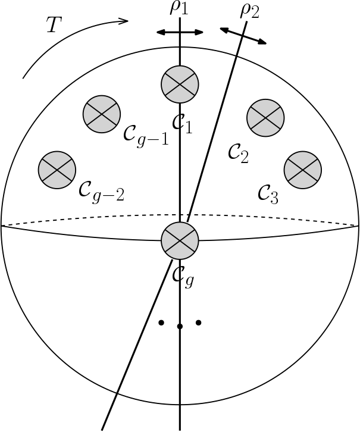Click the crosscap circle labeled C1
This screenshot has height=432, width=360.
point(180,83)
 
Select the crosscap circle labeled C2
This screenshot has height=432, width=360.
point(266,116)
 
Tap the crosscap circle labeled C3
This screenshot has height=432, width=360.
point(303,170)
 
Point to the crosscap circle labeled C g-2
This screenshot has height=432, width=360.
point(57,170)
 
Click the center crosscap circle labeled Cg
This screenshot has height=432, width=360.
point(180,241)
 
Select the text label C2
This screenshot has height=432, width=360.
point(239,153)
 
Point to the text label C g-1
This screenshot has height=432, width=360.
point(146,135)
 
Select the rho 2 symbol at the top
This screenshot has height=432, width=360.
point(250,11)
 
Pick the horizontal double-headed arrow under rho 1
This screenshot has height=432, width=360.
point(180,32)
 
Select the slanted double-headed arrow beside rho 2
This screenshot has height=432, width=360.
point(243,35)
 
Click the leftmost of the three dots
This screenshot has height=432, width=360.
point(161,323)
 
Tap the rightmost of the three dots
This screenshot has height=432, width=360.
point(199,323)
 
